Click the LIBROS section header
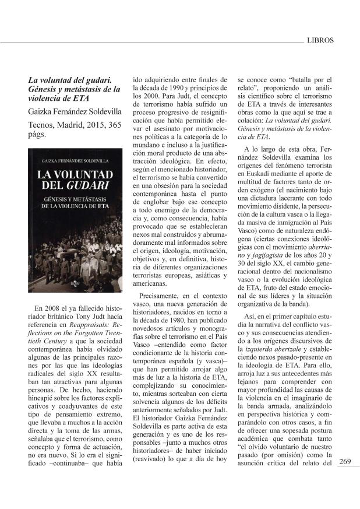pos(319,41)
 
